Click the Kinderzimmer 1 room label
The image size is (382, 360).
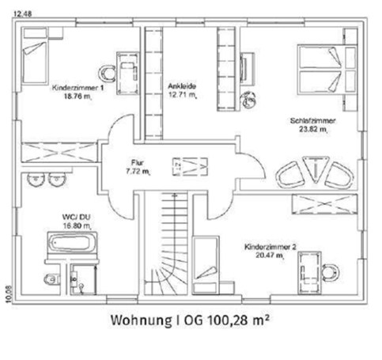tap(78, 88)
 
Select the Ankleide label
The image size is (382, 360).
tap(182, 85)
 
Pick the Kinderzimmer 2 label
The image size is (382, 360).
tap(270, 247)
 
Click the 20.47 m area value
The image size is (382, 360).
tap(270, 256)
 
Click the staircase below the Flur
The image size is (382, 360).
tap(173, 253)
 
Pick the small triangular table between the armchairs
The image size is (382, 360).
tap(316, 171)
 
